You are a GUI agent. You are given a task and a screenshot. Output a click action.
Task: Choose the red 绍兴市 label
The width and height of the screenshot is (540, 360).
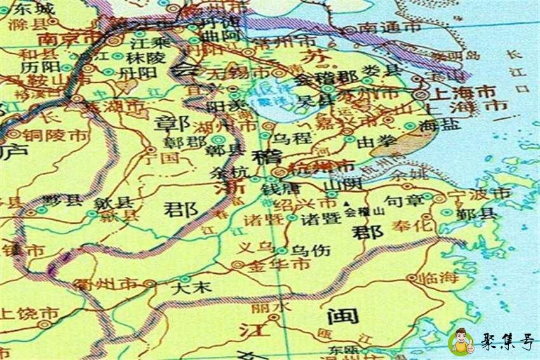[309, 204]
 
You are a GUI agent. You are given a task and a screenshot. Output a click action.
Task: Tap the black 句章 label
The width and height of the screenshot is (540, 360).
[404, 202]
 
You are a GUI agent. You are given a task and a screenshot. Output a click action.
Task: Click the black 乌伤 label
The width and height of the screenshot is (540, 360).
[311, 251]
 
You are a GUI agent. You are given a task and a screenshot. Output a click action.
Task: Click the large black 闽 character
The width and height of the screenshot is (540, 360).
[343, 316]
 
